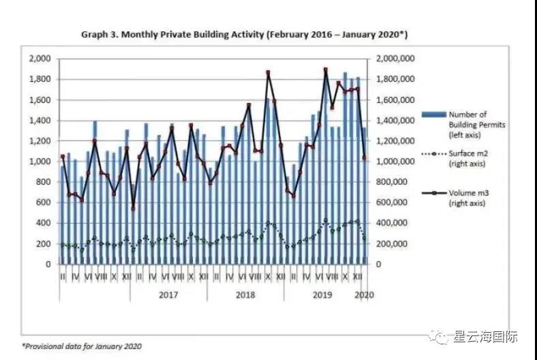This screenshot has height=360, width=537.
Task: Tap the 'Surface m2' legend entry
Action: (x=467, y=158)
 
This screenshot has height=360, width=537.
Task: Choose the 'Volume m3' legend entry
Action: (x=467, y=197)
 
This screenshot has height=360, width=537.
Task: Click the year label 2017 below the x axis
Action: (x=168, y=295)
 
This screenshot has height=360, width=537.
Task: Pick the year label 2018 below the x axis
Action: (x=245, y=295)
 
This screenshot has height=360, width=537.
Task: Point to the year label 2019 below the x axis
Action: (x=322, y=295)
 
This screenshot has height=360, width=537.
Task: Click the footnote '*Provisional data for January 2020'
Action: (x=81, y=346)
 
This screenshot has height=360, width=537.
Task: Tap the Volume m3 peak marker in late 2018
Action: (x=268, y=72)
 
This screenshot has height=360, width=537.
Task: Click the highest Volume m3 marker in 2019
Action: (x=325, y=70)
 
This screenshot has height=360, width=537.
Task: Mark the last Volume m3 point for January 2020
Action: (x=365, y=158)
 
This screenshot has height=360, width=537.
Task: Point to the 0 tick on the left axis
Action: (x=47, y=264)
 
